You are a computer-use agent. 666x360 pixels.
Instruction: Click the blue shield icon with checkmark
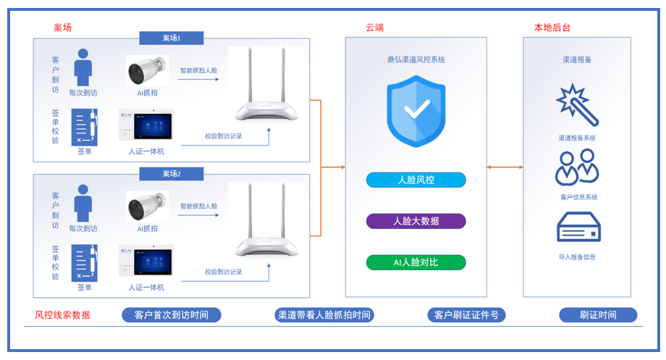pos(416,112)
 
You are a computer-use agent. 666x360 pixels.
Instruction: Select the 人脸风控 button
pos(416,180)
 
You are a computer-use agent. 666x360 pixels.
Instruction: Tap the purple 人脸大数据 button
pos(416,221)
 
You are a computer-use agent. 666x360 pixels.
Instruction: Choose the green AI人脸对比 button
pos(416,262)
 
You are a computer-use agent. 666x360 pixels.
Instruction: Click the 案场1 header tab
pos(172,38)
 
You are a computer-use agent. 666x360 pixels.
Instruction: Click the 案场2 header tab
pos(172,174)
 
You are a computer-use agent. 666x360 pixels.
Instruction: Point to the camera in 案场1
pos(147,71)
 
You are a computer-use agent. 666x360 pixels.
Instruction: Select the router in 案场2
pos(266,221)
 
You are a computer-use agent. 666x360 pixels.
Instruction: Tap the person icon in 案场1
pos(83,67)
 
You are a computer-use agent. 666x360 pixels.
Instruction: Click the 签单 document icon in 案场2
pos(85,263)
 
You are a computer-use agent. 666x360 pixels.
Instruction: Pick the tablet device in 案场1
pos(147,126)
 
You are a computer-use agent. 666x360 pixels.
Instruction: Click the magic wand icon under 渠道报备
pos(577,105)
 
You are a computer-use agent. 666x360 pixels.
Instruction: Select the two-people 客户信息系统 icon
pos(577,167)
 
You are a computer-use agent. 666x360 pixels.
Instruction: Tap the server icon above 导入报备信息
pos(578,227)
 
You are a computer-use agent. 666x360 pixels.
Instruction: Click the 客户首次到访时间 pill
pos(171,315)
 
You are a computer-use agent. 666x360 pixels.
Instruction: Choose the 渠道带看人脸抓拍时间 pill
pos(324,315)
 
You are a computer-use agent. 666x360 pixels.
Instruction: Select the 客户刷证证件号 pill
pos(466,315)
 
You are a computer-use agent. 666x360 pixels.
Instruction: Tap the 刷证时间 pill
pos(598,315)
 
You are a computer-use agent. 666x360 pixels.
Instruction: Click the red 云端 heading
pos(375,28)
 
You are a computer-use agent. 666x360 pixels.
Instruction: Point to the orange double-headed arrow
pos(505,167)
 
